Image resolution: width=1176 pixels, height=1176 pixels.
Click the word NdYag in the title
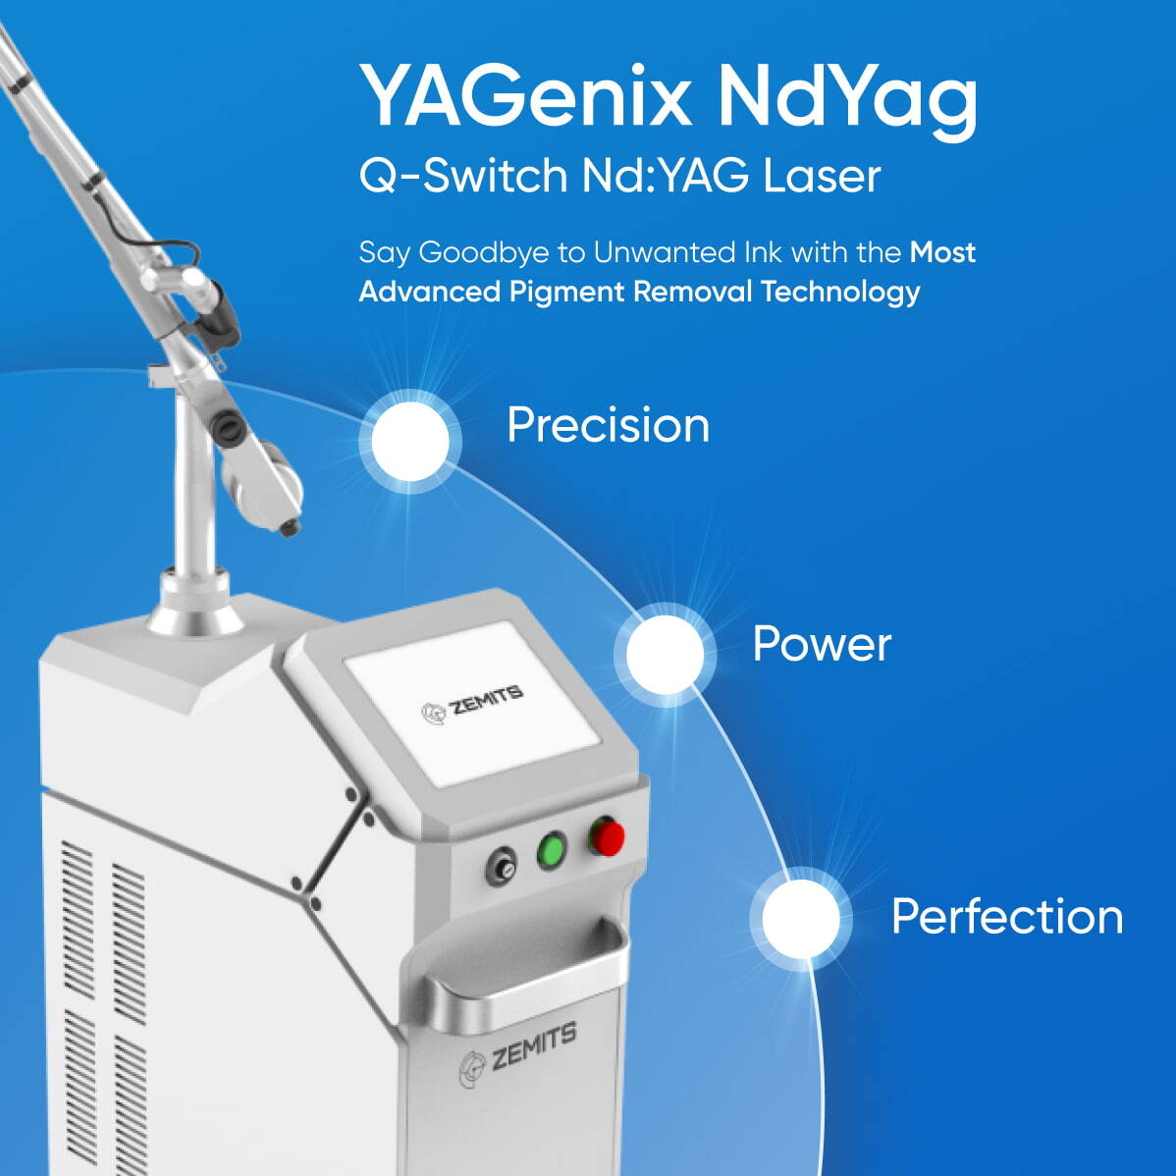846,98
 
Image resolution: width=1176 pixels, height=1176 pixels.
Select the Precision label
608,425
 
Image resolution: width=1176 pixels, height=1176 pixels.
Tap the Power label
822,644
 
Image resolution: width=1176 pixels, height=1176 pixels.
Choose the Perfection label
1006,917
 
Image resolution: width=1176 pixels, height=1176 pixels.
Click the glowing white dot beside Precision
410,441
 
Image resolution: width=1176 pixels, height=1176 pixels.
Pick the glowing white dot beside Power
666,654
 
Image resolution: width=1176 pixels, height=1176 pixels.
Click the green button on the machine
553,849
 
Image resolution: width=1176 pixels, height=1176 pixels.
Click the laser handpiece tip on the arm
290,529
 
